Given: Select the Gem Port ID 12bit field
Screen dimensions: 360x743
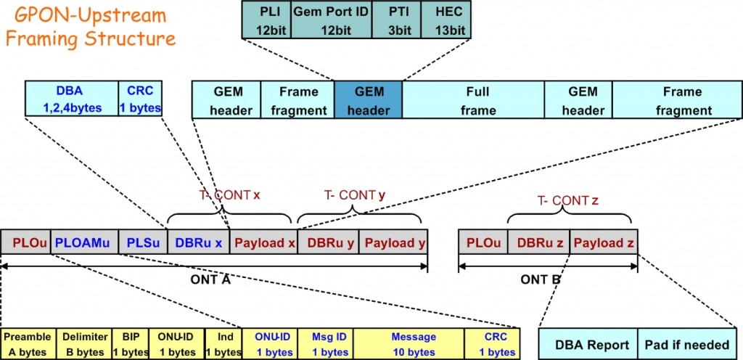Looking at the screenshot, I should pyautogui.click(x=330, y=20).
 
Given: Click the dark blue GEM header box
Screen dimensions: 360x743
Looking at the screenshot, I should pyautogui.click(x=368, y=101).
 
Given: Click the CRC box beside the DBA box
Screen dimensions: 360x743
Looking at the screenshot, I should pyautogui.click(x=140, y=100).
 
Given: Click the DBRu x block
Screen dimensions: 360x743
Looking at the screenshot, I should pyautogui.click(x=198, y=242).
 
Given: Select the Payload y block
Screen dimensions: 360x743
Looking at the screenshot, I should pyautogui.click(x=394, y=242).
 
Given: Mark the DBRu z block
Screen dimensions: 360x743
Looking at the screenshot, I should pyautogui.click(x=538, y=242).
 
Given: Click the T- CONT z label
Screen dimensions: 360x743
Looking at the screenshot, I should pyautogui.click(x=570, y=201).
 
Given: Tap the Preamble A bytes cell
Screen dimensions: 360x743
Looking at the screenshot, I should pyautogui.click(x=28, y=344).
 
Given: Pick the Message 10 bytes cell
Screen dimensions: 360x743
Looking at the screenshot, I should pyautogui.click(x=413, y=344).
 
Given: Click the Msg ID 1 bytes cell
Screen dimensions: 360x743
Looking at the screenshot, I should pyautogui.click(x=324, y=344).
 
